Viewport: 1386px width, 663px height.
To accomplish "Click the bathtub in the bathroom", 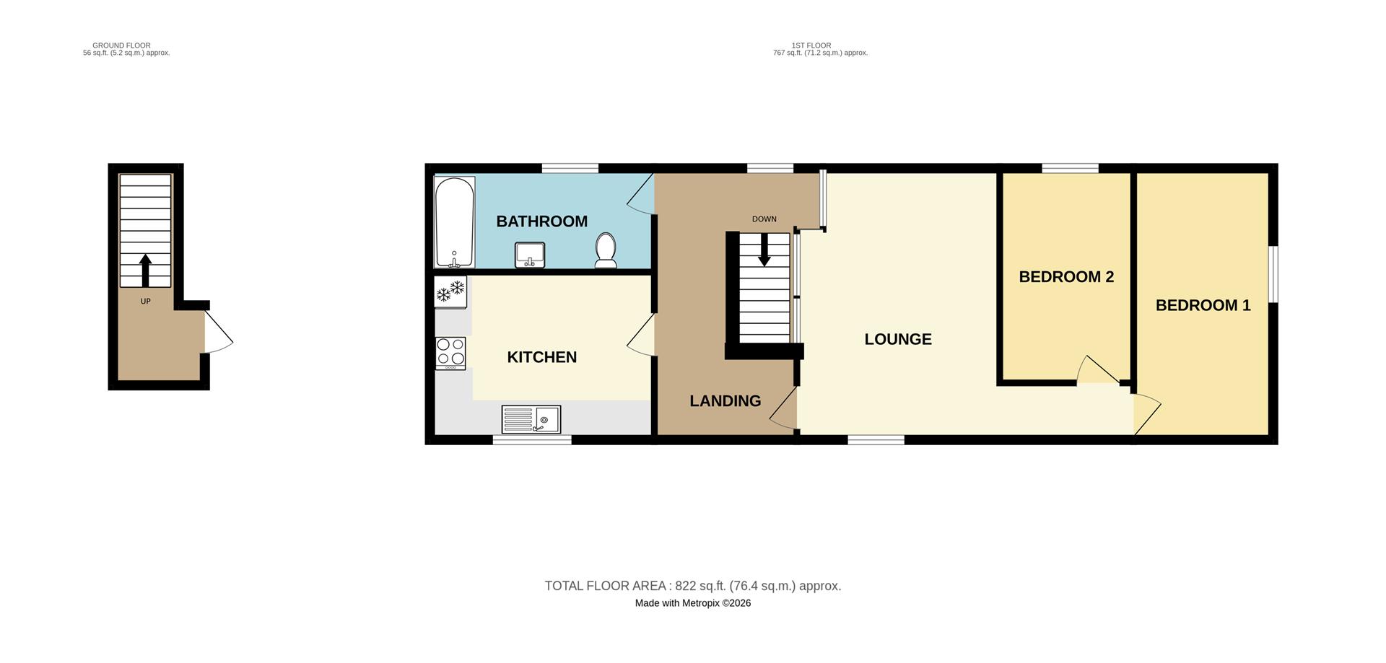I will (454, 221).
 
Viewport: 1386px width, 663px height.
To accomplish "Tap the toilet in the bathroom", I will (605, 250).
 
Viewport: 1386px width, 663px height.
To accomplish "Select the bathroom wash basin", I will (529, 254).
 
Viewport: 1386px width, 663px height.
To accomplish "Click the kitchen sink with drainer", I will (531, 419).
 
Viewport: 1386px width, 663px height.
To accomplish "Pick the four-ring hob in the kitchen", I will (450, 354).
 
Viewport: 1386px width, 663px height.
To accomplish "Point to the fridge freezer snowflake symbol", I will (450, 292).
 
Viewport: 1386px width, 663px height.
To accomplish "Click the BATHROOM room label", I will (541, 221).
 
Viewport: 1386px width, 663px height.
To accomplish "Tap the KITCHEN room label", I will (541, 357).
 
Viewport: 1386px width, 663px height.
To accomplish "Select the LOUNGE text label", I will (897, 339).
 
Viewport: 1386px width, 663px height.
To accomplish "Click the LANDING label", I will (725, 401).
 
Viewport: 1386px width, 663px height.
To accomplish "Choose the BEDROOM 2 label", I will (1065, 277).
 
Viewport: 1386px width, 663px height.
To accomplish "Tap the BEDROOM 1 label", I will (1203, 305).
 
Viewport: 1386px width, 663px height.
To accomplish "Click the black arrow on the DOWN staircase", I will (764, 250).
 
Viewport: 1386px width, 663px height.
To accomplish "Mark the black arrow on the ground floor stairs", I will (145, 271).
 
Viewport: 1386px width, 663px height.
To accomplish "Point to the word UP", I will (145, 302).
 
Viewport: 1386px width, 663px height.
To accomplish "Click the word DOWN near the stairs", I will (764, 219).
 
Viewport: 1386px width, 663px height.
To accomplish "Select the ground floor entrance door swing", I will (218, 333).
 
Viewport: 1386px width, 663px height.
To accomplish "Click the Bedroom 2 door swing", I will (1096, 370).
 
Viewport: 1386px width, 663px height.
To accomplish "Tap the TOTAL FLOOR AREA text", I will (692, 586).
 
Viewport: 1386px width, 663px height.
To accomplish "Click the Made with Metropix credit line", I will (692, 603).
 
